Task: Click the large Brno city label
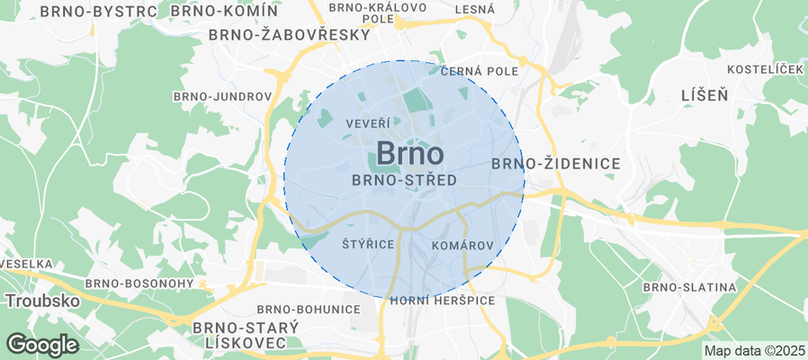(409, 153)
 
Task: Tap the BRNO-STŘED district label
(404, 180)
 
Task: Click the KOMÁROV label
(463, 245)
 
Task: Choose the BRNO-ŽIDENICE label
(556, 164)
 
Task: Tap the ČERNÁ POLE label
(480, 72)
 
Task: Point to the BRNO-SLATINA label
(690, 287)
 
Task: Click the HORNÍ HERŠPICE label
(443, 300)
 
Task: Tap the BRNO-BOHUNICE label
(309, 310)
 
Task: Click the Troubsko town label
(43, 300)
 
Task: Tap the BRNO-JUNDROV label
(223, 96)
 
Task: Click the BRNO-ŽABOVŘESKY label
(289, 35)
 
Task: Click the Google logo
(41, 344)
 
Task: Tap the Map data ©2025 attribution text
(754, 350)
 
